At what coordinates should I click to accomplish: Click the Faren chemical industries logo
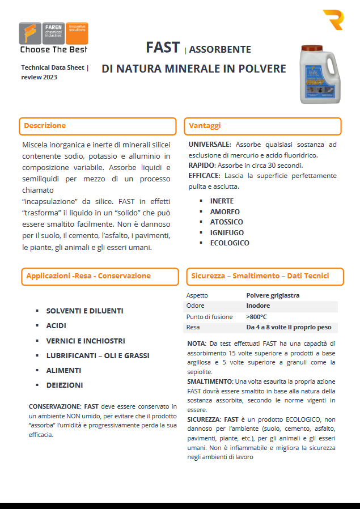coord(53,33)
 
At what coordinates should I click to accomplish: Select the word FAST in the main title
coord(163,48)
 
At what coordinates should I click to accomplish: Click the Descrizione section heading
coord(45,126)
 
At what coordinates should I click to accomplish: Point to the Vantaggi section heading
coord(205,126)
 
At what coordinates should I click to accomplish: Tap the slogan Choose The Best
coord(54,50)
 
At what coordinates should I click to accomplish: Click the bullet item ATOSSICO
coord(226,222)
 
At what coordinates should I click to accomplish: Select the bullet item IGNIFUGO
coord(227,232)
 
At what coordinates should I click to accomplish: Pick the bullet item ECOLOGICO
coord(229,243)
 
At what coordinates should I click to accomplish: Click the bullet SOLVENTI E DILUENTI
coord(84,311)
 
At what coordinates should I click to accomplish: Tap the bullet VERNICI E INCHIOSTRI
coord(86,341)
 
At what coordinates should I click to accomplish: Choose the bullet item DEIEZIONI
coord(65,385)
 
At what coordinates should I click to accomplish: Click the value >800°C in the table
coord(256,317)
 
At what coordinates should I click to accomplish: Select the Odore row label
coord(196,306)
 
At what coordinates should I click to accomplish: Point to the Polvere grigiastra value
coord(273,295)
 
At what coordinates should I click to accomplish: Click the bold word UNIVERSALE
coord(209,145)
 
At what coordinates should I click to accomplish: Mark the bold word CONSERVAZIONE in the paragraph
coord(54,406)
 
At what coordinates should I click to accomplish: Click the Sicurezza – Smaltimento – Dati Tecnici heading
coord(260,276)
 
